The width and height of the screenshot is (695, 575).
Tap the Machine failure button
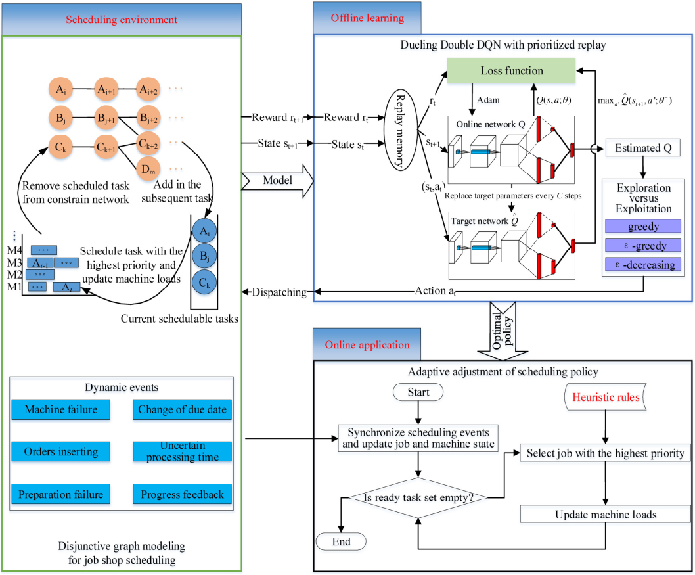61,410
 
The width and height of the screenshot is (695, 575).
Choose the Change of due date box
182,410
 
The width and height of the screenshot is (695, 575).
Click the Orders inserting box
61,451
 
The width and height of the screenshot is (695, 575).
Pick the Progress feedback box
182,494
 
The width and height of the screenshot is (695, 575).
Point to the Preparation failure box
61,494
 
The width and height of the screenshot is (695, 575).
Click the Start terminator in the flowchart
418,392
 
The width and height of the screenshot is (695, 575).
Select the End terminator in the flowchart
342,541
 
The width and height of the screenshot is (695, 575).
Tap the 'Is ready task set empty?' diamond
419,497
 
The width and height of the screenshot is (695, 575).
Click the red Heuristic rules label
604,398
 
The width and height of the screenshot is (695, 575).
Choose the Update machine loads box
605,514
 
